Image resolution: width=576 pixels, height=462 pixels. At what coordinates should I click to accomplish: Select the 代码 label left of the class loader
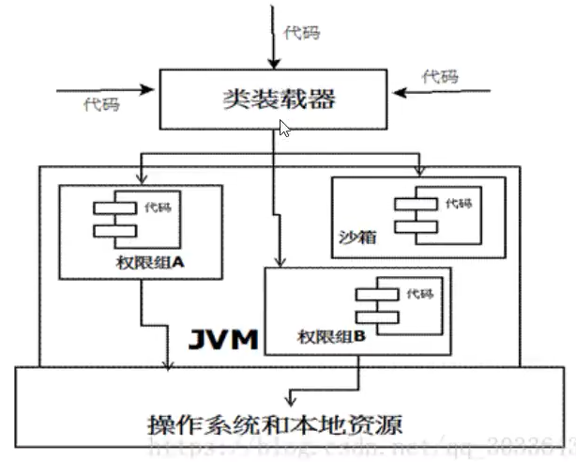(x=101, y=105)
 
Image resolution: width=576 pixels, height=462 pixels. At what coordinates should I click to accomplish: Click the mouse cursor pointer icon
(x=284, y=127)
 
